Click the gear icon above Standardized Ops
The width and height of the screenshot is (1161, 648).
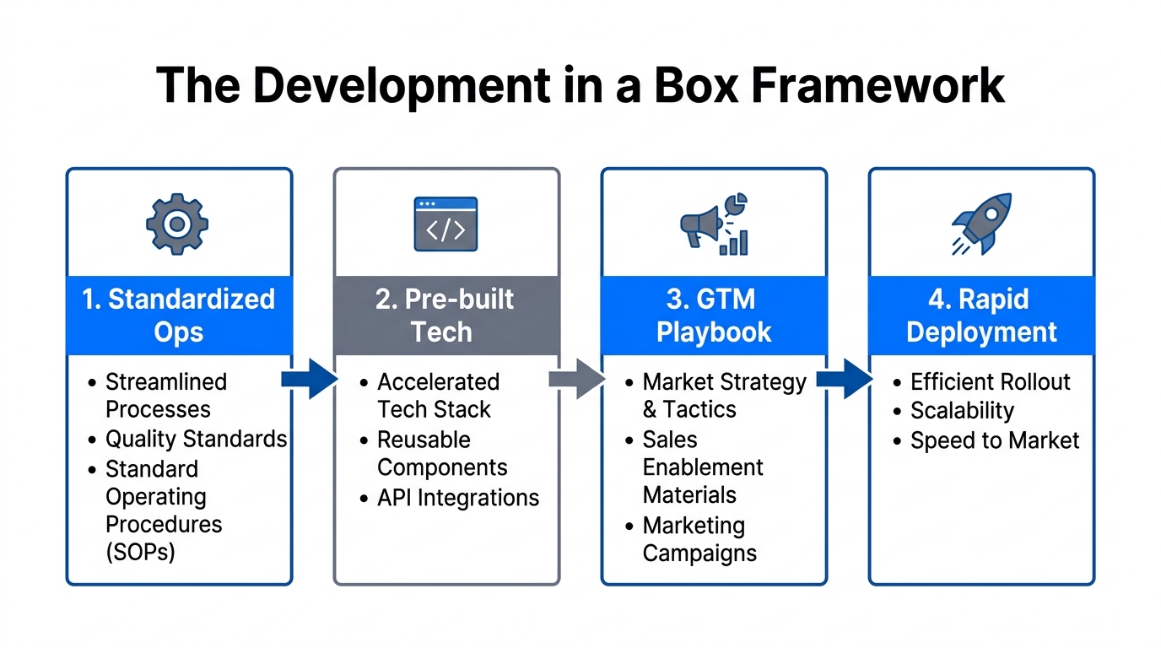click(x=177, y=224)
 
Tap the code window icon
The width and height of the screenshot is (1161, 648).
click(x=445, y=224)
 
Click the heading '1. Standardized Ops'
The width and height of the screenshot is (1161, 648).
click(x=179, y=315)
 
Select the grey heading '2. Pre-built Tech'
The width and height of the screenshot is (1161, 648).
click(x=445, y=315)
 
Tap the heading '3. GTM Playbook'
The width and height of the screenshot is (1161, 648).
click(x=714, y=315)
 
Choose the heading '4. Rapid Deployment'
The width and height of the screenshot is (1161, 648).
click(x=981, y=315)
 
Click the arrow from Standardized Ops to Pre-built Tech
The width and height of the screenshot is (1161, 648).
click(x=309, y=379)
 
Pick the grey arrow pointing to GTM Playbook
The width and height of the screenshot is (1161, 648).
click(x=576, y=379)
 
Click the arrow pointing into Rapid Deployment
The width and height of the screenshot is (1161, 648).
click(x=845, y=379)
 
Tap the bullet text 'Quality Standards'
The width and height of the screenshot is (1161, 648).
click(x=196, y=440)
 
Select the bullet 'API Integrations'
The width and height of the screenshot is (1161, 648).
click(x=458, y=498)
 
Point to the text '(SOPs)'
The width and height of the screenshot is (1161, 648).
click(x=140, y=552)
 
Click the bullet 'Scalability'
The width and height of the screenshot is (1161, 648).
click(x=962, y=411)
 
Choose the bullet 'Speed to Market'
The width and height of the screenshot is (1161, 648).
click(x=995, y=440)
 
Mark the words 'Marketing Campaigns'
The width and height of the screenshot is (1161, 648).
click(x=699, y=540)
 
